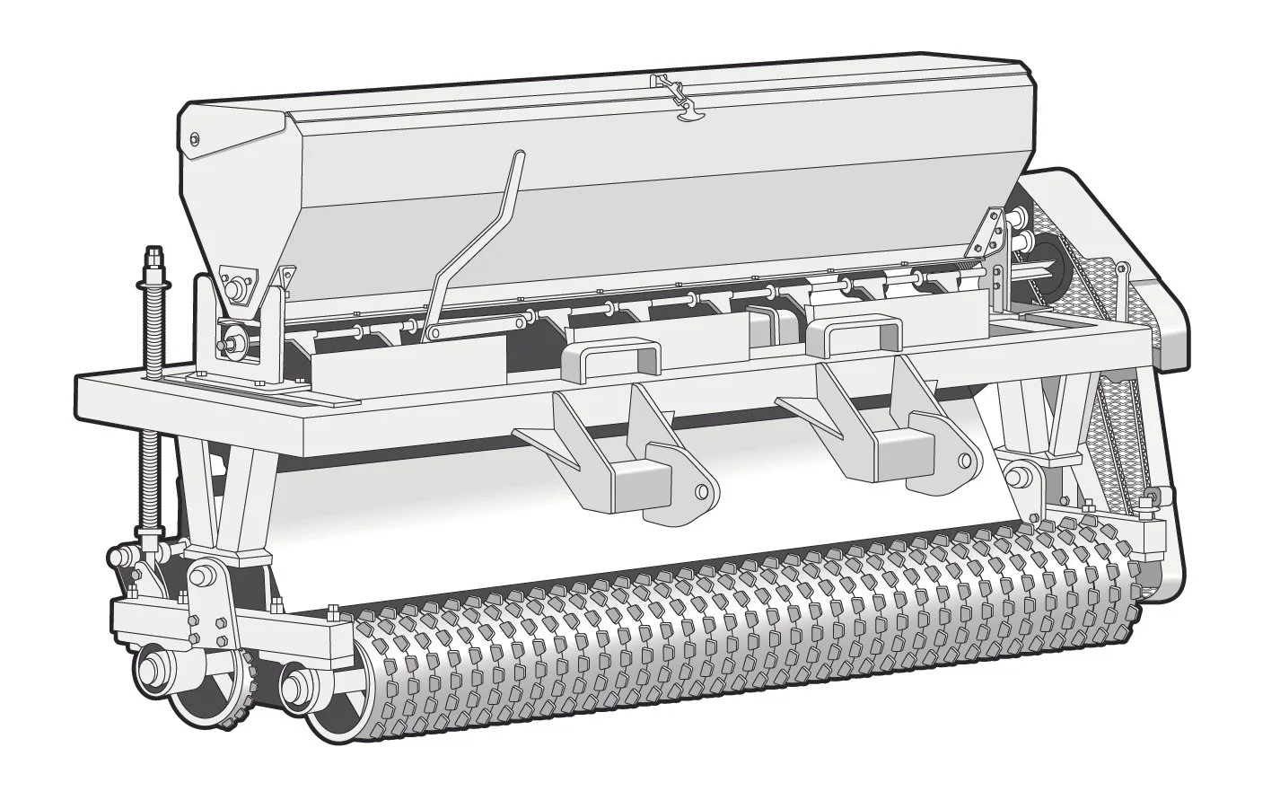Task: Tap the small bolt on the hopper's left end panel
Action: click(x=194, y=138)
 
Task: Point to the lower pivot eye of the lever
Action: click(x=434, y=333)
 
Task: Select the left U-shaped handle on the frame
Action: click(x=609, y=356)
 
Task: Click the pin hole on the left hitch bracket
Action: click(x=701, y=491)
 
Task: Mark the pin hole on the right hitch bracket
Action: click(x=963, y=462)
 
